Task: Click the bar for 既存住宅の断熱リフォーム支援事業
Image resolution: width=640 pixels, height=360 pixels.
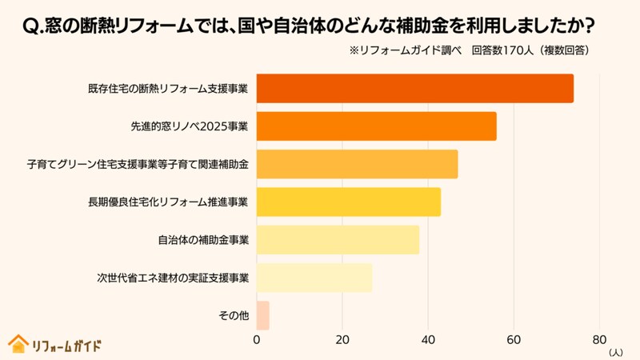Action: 415,88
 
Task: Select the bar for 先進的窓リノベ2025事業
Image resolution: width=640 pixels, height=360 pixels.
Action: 377,126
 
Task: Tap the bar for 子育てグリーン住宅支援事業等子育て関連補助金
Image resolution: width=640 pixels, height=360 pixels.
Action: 358,164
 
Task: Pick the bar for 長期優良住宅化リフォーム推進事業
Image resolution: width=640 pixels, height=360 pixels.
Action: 349,202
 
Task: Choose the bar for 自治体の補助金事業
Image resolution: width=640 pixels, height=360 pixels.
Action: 338,239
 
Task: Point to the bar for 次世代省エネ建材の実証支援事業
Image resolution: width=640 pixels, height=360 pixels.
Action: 314,278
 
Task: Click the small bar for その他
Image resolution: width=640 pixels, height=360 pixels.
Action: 263,315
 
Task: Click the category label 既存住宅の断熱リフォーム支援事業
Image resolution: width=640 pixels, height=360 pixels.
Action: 168,88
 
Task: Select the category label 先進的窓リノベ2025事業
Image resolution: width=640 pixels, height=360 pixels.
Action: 190,126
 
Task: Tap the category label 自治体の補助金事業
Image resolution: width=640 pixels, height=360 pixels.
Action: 203,239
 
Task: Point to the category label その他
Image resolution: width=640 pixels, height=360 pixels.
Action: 234,315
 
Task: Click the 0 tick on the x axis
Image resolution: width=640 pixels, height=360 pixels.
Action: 257,338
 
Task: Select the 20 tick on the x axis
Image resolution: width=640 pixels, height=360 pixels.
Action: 342,338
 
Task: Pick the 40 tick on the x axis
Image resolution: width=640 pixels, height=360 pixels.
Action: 428,338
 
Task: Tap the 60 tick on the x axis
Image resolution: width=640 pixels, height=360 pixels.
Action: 514,338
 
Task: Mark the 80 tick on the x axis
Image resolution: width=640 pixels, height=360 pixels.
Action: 599,338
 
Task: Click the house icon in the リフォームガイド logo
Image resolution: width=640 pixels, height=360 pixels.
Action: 18,344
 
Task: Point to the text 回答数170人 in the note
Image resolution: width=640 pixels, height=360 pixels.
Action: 502,50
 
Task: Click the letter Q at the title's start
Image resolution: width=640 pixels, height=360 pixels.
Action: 30,26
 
